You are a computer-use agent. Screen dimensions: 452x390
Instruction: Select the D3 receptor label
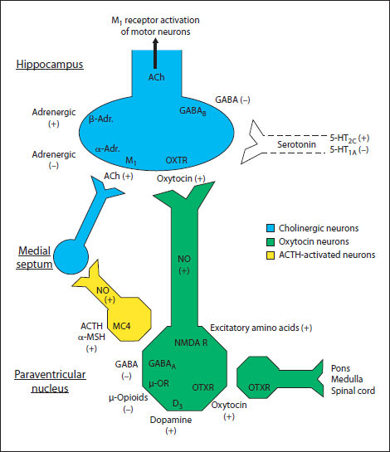pos(178,403)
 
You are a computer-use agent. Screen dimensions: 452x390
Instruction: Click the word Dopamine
pos(176,419)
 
